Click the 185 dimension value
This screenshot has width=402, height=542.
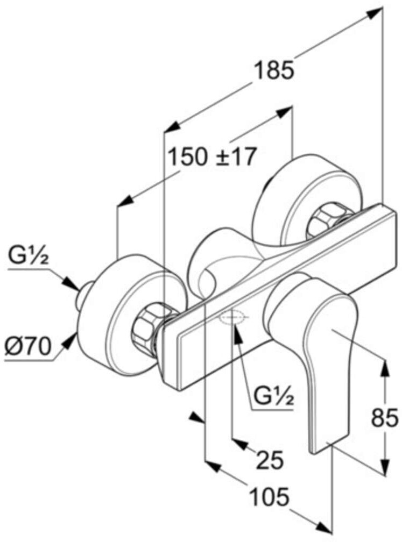point(274,70)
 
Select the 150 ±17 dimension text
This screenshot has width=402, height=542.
point(211,156)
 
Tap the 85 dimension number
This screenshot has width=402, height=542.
point(385,417)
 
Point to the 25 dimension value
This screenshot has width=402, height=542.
point(269,460)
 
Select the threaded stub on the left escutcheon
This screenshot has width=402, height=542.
point(82,298)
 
